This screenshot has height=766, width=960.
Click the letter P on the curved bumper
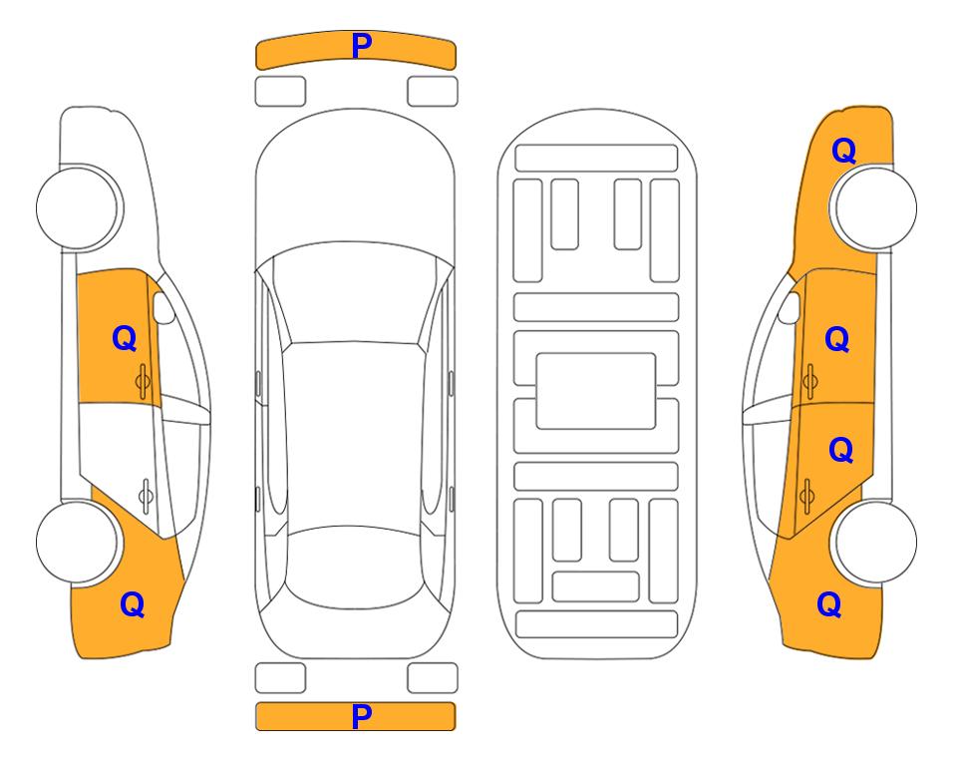point(362,46)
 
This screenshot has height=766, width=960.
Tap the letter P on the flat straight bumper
point(362,716)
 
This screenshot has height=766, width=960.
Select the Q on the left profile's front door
point(125,338)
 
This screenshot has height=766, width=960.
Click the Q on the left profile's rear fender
point(133,604)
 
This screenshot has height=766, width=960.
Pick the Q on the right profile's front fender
point(843,151)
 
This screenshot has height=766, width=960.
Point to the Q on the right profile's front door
point(837,339)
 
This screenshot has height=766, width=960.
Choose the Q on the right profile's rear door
point(840,451)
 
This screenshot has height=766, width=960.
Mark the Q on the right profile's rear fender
point(829,604)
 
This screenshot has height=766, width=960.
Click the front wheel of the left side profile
point(78,208)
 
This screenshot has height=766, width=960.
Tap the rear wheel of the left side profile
point(78,543)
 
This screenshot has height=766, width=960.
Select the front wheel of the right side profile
point(875,208)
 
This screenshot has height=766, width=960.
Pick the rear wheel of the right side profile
point(875,543)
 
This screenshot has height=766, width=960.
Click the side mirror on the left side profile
point(163,307)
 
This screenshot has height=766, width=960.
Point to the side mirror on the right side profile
point(790,307)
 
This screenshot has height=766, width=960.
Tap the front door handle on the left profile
point(144,381)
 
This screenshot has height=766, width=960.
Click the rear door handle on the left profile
point(146,495)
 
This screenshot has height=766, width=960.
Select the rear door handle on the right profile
point(807,495)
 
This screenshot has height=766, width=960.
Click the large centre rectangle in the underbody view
point(596,391)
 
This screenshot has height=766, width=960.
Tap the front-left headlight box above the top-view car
point(280,92)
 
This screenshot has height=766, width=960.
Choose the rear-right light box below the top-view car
point(433,678)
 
